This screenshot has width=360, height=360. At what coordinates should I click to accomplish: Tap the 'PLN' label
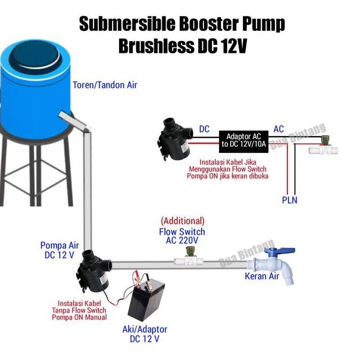click(289, 200)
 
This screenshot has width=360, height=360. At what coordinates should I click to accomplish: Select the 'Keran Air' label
click(262, 276)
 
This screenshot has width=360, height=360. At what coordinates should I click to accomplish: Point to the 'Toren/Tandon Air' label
click(105, 84)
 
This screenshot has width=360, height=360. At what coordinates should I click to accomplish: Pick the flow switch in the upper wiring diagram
click(325, 146)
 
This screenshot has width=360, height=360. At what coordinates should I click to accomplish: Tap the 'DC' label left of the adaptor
click(204, 129)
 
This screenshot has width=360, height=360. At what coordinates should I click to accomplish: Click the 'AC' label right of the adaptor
click(278, 129)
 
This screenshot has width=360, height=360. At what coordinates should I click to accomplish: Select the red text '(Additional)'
click(182, 221)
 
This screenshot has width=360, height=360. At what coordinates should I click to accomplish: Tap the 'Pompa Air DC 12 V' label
click(60, 250)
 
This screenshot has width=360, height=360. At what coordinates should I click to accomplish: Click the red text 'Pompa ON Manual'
click(79, 317)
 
